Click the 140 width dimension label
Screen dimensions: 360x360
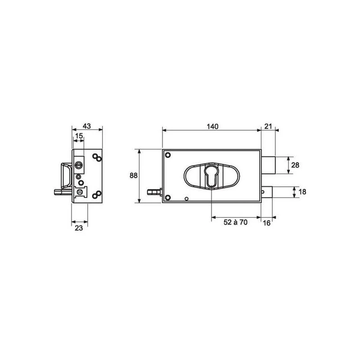[x=212, y=126]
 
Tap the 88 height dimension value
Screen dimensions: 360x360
[x=133, y=175]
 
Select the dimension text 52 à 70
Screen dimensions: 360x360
[x=235, y=222]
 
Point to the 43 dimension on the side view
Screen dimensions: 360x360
[x=87, y=126]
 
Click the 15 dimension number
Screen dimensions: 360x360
[x=79, y=136]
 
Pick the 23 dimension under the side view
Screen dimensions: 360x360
[x=79, y=228]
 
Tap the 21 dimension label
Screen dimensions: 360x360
[x=268, y=126]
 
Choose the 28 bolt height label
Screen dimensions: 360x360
[x=295, y=165]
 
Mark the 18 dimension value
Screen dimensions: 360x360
[x=302, y=192]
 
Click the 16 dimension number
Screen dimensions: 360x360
[x=266, y=223]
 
